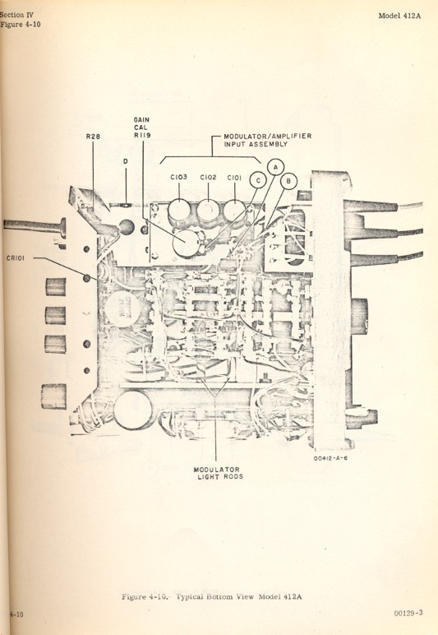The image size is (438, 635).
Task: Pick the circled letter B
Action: click(288, 180)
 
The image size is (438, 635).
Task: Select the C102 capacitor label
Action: click(208, 177)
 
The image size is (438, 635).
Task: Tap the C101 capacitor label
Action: click(236, 177)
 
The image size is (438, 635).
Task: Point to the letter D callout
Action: click(125, 161)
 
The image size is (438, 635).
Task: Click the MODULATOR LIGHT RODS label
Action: click(215, 475)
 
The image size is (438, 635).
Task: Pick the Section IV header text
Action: click(17, 13)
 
